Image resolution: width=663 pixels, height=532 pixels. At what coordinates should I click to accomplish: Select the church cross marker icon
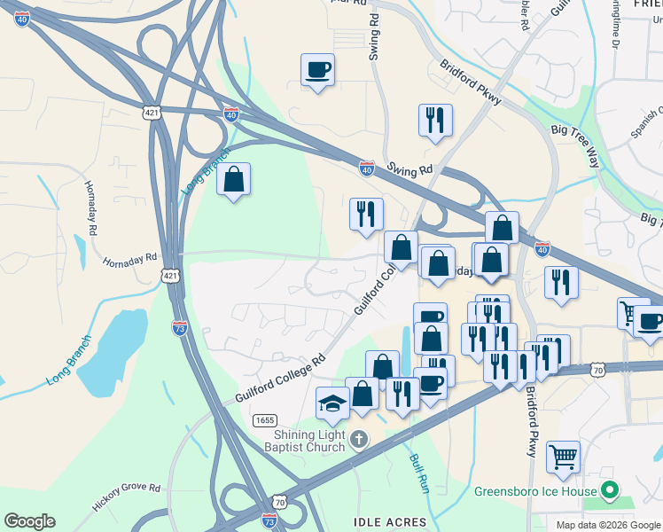[x=357, y=439]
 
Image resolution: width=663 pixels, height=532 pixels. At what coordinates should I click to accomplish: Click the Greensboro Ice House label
[x=535, y=490]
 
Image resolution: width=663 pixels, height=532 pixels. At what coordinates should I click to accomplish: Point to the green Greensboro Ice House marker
[x=609, y=489]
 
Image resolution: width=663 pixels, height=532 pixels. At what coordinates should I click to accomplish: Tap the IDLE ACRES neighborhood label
[x=390, y=522]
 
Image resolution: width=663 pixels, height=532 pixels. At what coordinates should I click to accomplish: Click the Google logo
[x=29, y=521]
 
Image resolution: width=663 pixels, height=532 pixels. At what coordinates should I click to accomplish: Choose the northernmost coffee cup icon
[x=317, y=69]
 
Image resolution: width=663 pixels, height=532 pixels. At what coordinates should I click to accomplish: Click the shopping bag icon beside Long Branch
[x=233, y=179]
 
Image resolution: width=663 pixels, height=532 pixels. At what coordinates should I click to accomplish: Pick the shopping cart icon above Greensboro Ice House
[x=563, y=458]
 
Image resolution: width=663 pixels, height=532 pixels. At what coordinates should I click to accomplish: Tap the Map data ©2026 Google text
[x=608, y=525]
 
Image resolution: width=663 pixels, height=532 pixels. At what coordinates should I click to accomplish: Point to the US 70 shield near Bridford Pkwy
[x=598, y=368]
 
